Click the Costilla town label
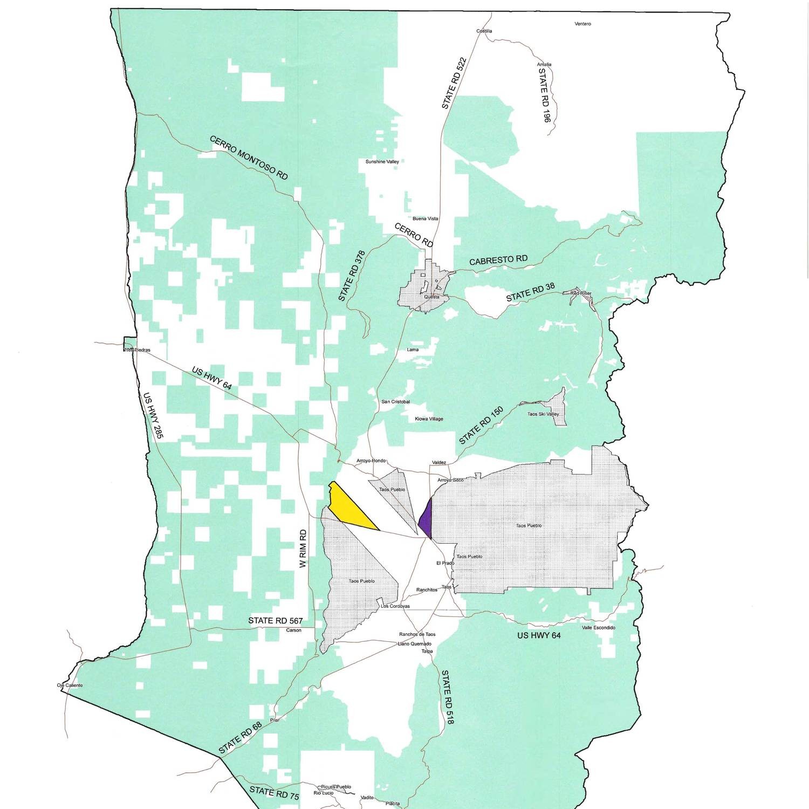coord(484,31)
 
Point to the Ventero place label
coord(582,24)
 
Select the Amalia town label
coord(544,65)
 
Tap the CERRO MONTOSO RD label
coord(249,157)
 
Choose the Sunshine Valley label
coord(382,162)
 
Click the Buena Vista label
coord(425,219)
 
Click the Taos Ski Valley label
coord(543,414)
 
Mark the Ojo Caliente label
coord(70,685)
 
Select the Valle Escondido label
coord(598,628)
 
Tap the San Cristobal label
coord(396,402)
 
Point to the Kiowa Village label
coord(428,419)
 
